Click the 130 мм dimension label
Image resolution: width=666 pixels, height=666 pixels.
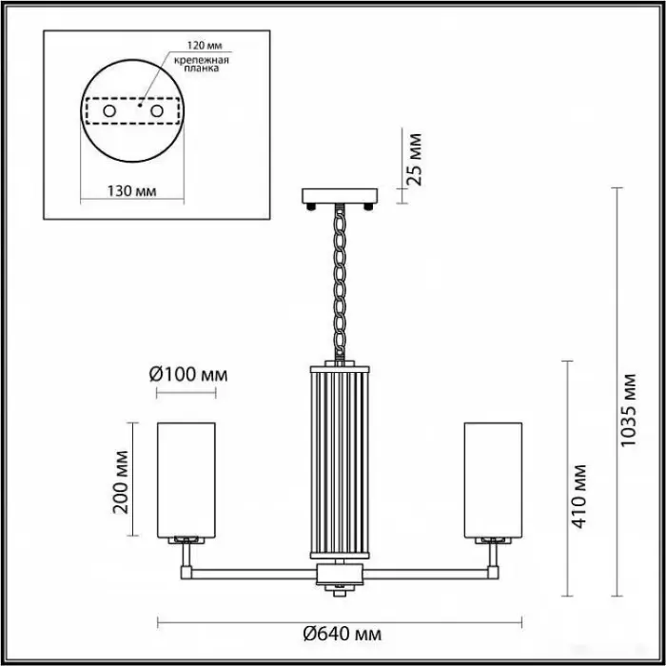coord(131,191)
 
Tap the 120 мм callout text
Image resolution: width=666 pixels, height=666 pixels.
coord(205,46)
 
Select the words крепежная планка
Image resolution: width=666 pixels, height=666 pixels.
coord(202,64)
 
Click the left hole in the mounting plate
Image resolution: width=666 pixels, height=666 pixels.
coord(109,111)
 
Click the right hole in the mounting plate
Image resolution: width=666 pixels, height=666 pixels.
coord(157,111)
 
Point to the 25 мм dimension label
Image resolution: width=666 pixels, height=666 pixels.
coord(414,159)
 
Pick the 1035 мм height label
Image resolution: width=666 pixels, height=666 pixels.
coord(629,410)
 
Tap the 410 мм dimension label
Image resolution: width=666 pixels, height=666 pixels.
coord(578,497)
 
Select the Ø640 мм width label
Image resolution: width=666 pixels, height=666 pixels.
coord(343,635)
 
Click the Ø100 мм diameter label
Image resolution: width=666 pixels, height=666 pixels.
coord(188,375)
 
